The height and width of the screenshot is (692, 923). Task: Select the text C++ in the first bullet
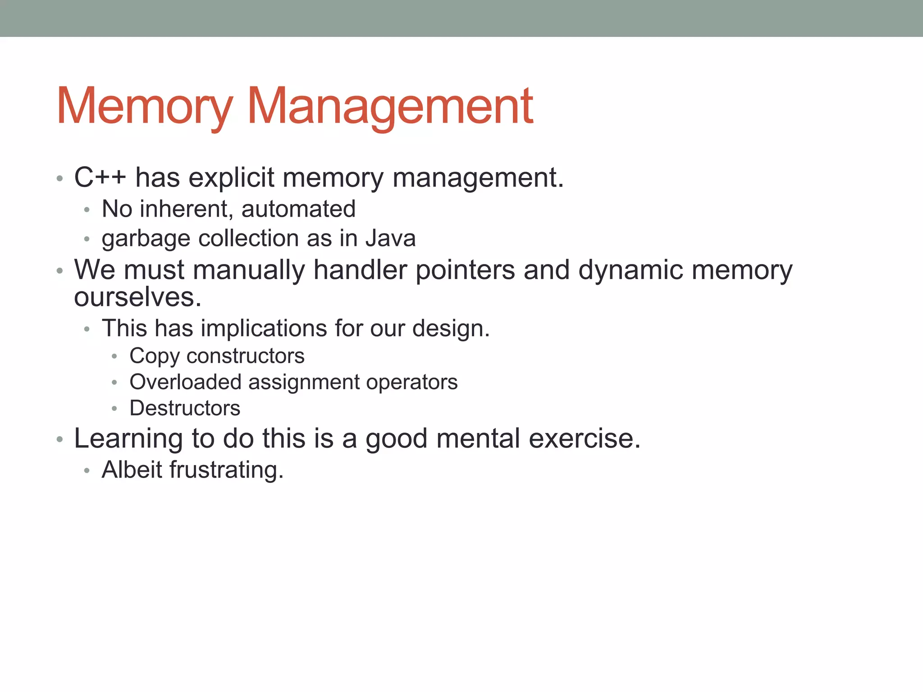[x=100, y=178]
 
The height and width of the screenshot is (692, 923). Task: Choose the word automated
[x=298, y=209]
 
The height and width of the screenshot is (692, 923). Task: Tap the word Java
[x=390, y=238]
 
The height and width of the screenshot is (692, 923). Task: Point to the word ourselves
[x=137, y=298]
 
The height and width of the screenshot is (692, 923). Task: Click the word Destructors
[x=185, y=408]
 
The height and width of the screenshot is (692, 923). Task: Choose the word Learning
[x=128, y=439]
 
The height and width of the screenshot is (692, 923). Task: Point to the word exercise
[x=584, y=438]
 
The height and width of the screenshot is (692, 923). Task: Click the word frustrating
[x=226, y=470]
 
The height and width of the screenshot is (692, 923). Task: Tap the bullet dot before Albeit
[x=87, y=471]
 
